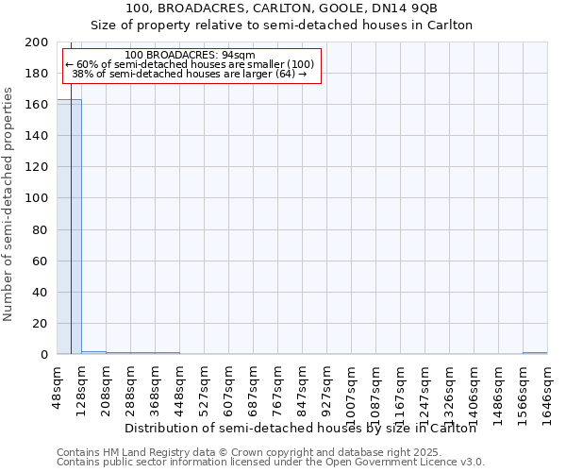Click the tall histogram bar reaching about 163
click(69, 227)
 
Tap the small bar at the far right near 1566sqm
click(535, 353)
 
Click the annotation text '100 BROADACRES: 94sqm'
click(190, 56)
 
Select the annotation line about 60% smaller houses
click(190, 64)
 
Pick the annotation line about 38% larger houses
click(190, 74)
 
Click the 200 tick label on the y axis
click(37, 42)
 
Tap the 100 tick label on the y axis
click(37, 198)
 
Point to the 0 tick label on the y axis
click(44, 355)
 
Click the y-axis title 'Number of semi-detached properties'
click(8, 204)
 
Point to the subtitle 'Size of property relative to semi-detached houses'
click(281, 25)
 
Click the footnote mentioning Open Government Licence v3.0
click(270, 462)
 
